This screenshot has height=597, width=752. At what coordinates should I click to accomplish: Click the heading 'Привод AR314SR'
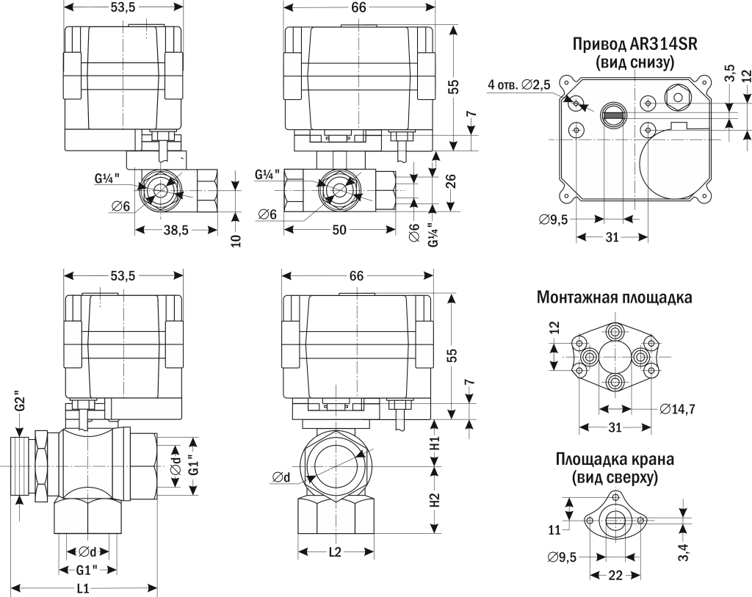[x=634, y=45]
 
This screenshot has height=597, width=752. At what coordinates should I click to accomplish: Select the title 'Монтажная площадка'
[x=614, y=297]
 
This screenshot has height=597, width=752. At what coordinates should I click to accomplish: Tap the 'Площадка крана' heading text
[x=615, y=460]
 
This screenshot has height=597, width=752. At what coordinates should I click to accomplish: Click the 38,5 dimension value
[x=175, y=230]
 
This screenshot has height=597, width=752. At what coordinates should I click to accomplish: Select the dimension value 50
[x=339, y=230]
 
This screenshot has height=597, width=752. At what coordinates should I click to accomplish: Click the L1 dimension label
[x=83, y=587]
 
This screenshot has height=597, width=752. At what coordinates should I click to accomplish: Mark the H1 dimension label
[x=435, y=443]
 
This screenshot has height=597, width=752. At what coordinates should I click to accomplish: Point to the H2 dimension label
[x=435, y=500]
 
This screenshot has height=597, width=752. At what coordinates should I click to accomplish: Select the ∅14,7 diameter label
[x=677, y=409]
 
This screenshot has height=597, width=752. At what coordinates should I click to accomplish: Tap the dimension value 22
[x=615, y=576]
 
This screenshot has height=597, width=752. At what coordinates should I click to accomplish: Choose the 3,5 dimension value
[x=728, y=73]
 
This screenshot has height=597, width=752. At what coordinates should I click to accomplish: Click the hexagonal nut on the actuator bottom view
[x=676, y=94]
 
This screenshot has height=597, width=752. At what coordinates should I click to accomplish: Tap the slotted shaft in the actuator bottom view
[x=613, y=112]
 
